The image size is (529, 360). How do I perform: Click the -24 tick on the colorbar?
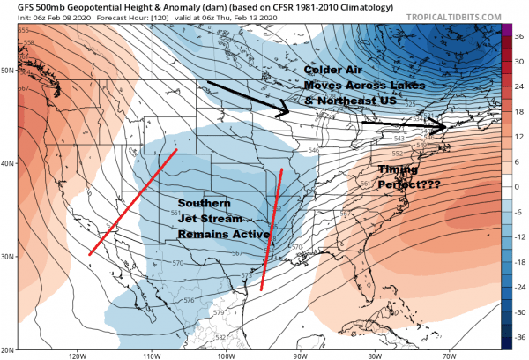tap(520, 287)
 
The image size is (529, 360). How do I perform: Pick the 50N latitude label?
tap(8, 70)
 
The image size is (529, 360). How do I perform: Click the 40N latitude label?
tap(8, 163)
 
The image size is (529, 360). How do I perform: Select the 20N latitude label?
tap(8, 349)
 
